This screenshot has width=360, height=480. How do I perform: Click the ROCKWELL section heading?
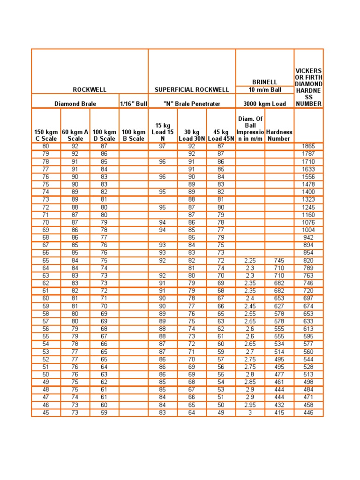pyautogui.click(x=90, y=90)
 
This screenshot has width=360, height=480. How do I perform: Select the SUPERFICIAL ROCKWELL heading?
pyautogui.click(x=192, y=90)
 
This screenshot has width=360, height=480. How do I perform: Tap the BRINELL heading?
pyautogui.click(x=265, y=82)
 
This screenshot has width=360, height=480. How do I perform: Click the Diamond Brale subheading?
pyautogui.click(x=75, y=103)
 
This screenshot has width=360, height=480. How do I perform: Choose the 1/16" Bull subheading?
pyautogui.click(x=134, y=103)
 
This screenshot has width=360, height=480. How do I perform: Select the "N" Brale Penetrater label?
pyautogui.click(x=192, y=103)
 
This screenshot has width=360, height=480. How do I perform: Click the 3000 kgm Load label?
pyautogui.click(x=265, y=103)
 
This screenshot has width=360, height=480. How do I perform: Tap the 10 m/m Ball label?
pyautogui.click(x=265, y=90)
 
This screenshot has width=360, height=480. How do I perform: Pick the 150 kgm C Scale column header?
pyautogui.click(x=46, y=135)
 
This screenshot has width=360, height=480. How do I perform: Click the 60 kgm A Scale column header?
pyautogui.click(x=75, y=135)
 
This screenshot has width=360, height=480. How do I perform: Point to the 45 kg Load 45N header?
pyautogui.click(x=221, y=135)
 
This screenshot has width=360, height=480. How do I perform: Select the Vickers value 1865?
pyautogui.click(x=308, y=146)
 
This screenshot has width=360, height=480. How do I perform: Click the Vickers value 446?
pyautogui.click(x=308, y=413)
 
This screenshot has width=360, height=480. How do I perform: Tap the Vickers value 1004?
pyautogui.click(x=308, y=230)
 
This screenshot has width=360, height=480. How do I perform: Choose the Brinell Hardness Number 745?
pyautogui.click(x=279, y=261)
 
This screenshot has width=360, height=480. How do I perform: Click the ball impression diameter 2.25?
pyautogui.click(x=250, y=261)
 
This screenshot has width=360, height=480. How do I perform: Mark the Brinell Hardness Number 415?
pyautogui.click(x=279, y=413)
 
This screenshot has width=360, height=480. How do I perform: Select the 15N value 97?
pyautogui.click(x=163, y=146)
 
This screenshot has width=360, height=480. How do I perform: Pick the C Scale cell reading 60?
pyautogui.click(x=46, y=299)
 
